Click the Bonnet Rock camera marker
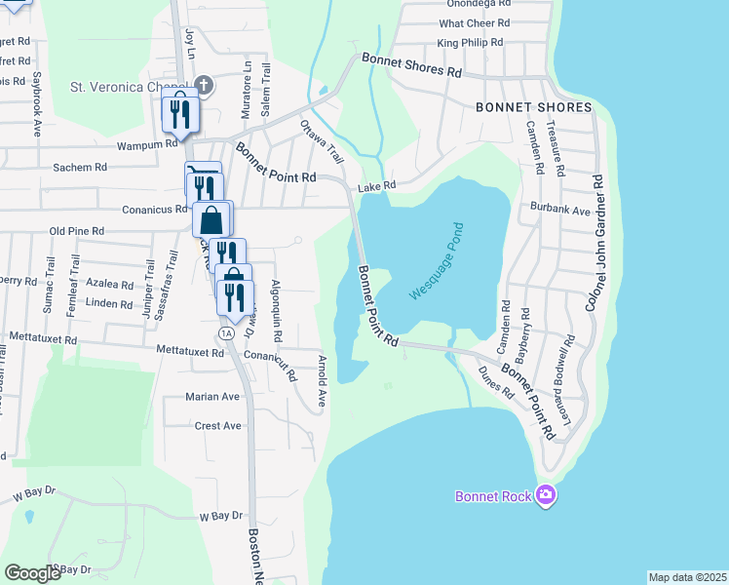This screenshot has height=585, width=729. point(546,496)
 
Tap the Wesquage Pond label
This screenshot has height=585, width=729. point(436,260)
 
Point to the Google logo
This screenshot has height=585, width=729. point(33,573)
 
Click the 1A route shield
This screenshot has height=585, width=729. point(227,333)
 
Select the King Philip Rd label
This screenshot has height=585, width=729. point(470,43)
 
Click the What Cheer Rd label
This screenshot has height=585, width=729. point(475,22)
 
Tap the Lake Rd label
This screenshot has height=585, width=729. point(376,186)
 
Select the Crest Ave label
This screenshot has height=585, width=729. point(217,426)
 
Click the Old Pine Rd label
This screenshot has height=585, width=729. point(77,231)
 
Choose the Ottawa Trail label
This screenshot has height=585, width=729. point(323,141)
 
